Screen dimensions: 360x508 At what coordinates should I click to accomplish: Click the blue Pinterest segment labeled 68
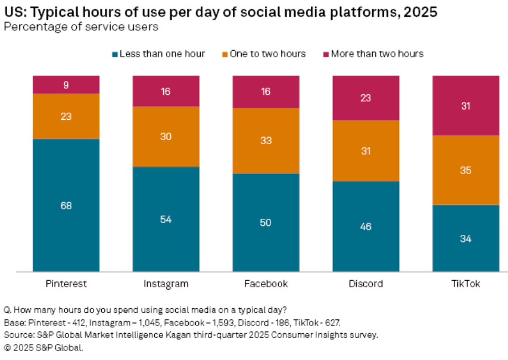(x=66, y=205)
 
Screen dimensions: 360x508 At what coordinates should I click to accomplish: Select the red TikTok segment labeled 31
(x=466, y=105)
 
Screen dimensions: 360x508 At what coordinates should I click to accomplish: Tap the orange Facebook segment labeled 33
(x=266, y=141)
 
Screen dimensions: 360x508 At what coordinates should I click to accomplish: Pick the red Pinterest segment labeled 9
(x=66, y=84)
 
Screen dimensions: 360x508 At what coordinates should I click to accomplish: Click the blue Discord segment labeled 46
(x=366, y=226)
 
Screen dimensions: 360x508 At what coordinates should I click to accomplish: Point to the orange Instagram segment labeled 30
(x=166, y=136)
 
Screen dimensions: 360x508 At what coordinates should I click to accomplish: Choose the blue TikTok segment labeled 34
(x=466, y=238)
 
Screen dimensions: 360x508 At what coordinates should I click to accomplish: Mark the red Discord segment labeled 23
(x=366, y=98)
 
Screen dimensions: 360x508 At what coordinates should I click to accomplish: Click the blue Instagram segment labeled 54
(x=166, y=219)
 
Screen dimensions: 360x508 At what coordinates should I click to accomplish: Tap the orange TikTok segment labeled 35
(x=466, y=170)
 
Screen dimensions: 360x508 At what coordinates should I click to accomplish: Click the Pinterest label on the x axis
(x=66, y=284)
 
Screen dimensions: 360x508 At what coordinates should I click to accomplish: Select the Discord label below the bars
(x=366, y=284)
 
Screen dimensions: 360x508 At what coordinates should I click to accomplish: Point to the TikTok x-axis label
(x=466, y=284)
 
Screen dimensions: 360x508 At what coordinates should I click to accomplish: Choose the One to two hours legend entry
(x=271, y=54)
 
